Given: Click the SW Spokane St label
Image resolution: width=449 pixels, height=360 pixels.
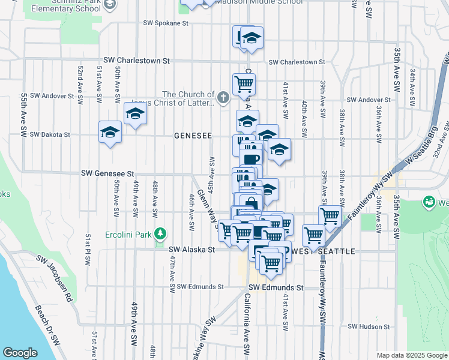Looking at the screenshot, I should tap(166, 23).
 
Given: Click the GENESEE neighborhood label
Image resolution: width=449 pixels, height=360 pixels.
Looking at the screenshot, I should tap(193, 136).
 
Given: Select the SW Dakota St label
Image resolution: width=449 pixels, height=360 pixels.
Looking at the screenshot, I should tap(50, 134).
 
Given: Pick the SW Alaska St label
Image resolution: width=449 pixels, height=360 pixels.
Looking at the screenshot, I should tap(191, 250).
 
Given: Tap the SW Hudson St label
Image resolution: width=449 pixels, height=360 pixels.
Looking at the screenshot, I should tap(369, 326).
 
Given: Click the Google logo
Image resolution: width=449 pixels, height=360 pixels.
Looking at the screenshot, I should tap(20, 353).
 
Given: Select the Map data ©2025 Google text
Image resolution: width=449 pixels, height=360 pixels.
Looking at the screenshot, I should tap(411, 355).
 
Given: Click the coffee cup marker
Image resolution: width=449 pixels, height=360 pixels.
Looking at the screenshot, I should tap(250, 159).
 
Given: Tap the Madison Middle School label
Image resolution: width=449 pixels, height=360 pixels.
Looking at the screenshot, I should tap(259, 2).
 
